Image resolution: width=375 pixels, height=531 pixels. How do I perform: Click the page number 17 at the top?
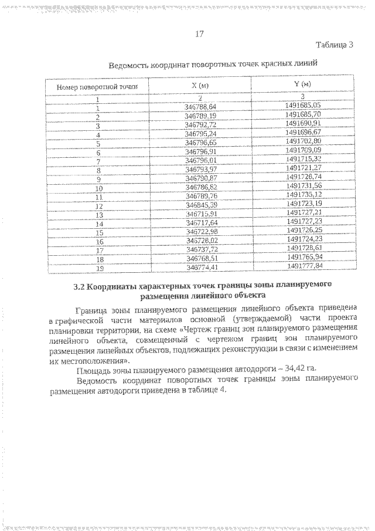tap(199, 34)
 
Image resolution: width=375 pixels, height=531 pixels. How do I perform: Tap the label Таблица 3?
tap(334, 45)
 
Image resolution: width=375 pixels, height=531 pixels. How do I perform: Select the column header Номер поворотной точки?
tap(97, 86)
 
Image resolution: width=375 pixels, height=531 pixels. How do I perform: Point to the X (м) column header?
tap(200, 85)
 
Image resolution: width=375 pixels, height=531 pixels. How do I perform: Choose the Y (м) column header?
tap(302, 85)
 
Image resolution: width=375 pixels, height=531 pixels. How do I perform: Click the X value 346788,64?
tap(200, 106)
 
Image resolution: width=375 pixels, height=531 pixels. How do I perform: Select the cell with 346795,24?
tap(200, 134)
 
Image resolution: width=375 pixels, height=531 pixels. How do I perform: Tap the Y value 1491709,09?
tap(303, 150)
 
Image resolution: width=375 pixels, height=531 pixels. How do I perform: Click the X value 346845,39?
tap(200, 205)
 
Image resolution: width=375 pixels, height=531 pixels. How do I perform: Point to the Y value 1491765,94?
tap(303, 258)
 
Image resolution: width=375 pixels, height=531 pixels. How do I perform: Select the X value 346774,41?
tap(200, 266)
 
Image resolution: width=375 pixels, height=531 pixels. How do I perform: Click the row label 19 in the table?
tap(97, 267)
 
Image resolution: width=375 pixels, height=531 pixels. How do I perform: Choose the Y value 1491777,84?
tap(303, 266)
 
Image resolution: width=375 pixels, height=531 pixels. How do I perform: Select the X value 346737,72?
tap(200, 249)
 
